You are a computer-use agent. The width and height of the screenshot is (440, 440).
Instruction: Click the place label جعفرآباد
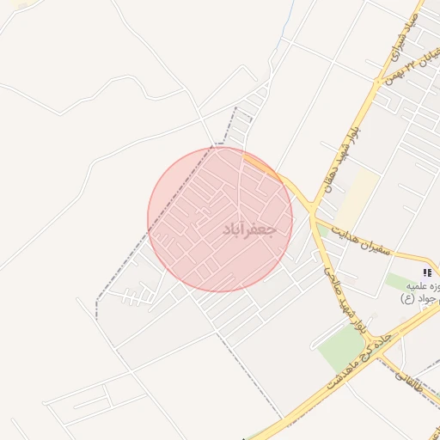pyautogui.click(x=249, y=230)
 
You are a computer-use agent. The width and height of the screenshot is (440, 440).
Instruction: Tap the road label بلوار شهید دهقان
pyautogui.click(x=342, y=160)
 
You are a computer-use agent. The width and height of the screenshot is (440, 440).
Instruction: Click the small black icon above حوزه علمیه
pyautogui.click(x=427, y=272)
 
